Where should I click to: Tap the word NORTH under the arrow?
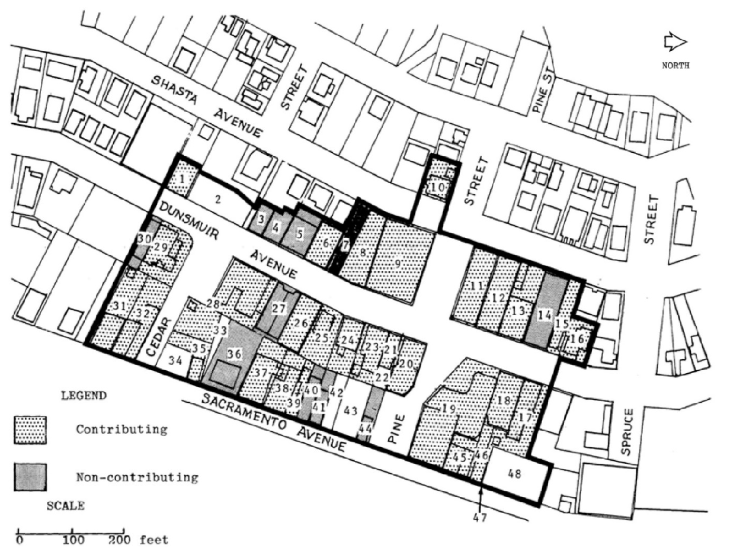675,65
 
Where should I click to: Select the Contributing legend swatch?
30,430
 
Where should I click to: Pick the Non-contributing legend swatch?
30,477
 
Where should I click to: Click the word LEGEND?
84,396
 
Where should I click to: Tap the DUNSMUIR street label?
189,220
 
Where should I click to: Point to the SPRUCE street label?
626,432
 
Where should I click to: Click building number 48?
514,474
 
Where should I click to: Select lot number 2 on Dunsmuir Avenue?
218,200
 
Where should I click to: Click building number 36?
234,354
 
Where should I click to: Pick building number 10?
438,188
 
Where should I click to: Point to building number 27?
278,309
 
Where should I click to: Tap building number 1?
181,180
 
